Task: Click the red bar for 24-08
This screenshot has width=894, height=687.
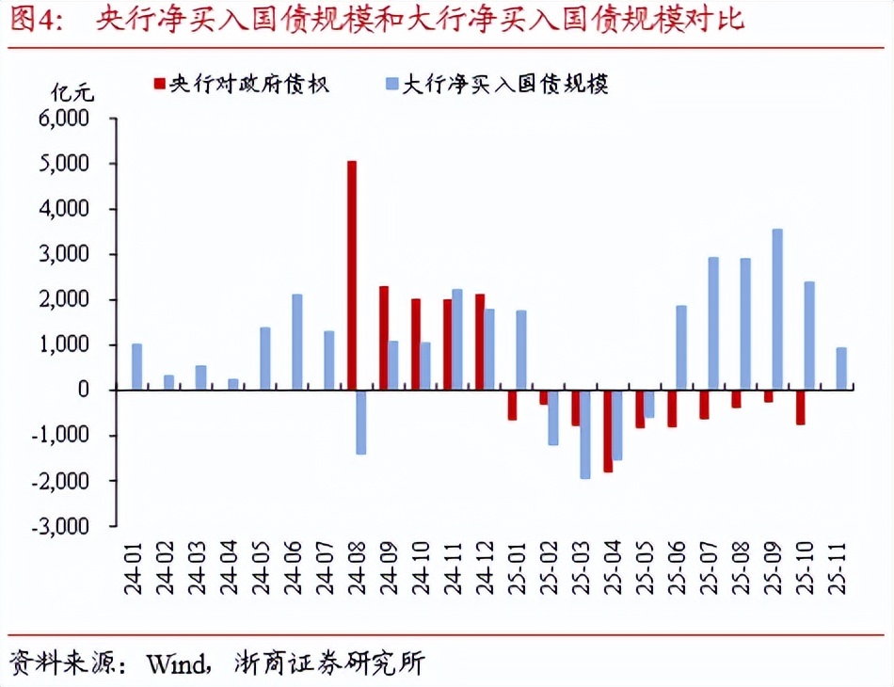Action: coord(352,275)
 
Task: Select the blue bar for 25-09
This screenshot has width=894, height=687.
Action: coord(777,310)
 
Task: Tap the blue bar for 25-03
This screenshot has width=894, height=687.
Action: coord(584,434)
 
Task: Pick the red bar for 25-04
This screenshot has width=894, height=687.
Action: coord(608,430)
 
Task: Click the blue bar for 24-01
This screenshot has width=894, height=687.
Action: coord(137,367)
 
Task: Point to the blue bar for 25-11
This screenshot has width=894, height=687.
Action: coord(841,369)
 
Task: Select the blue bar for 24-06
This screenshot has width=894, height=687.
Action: coord(297,343)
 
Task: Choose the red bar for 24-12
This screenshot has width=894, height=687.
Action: coord(480,343)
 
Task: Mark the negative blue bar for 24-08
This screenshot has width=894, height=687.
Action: coord(361,422)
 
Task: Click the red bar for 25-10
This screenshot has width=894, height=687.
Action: coord(800,407)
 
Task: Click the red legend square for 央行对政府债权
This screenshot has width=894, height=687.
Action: coord(158,84)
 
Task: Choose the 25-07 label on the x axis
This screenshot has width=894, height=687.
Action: coord(707,567)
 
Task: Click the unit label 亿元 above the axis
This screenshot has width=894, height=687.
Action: coord(72,92)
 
